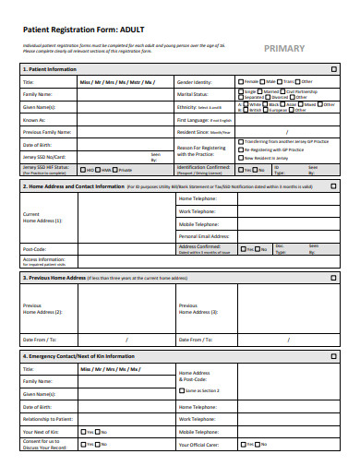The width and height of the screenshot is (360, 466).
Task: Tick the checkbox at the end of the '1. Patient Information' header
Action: [x=333, y=69]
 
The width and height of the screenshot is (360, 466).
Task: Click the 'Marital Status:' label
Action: [x=192, y=93]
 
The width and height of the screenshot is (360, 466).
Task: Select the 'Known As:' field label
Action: [x=34, y=119]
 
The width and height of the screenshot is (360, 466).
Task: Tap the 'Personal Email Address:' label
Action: [x=203, y=236]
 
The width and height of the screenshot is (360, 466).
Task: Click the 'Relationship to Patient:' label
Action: [x=47, y=418]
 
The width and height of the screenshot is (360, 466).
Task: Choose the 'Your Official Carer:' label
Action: [x=199, y=444]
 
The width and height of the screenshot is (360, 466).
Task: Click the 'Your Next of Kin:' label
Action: [x=41, y=431]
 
